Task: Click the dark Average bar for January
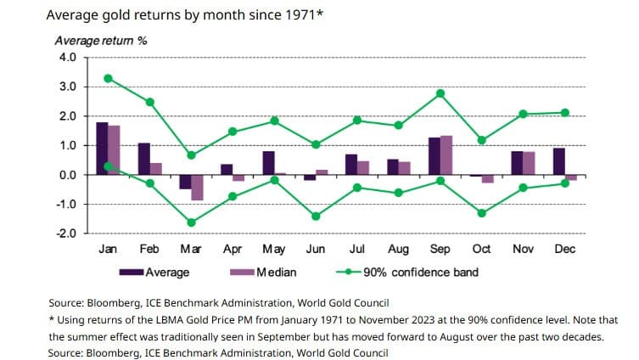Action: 103,149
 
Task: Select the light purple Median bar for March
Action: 197,188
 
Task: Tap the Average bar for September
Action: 434,156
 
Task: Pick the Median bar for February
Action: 155,169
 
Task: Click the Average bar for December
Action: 559,161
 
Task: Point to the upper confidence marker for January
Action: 108,78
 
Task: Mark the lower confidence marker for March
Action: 191,222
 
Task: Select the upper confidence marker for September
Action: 440,93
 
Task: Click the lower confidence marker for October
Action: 482,213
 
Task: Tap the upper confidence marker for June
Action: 316,144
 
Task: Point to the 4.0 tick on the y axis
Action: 68,57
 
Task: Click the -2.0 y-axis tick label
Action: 66,233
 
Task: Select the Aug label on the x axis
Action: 398,249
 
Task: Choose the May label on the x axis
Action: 274,249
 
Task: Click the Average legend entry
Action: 154,272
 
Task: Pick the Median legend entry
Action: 263,272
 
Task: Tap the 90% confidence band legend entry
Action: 407,272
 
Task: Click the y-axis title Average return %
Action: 101,41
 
